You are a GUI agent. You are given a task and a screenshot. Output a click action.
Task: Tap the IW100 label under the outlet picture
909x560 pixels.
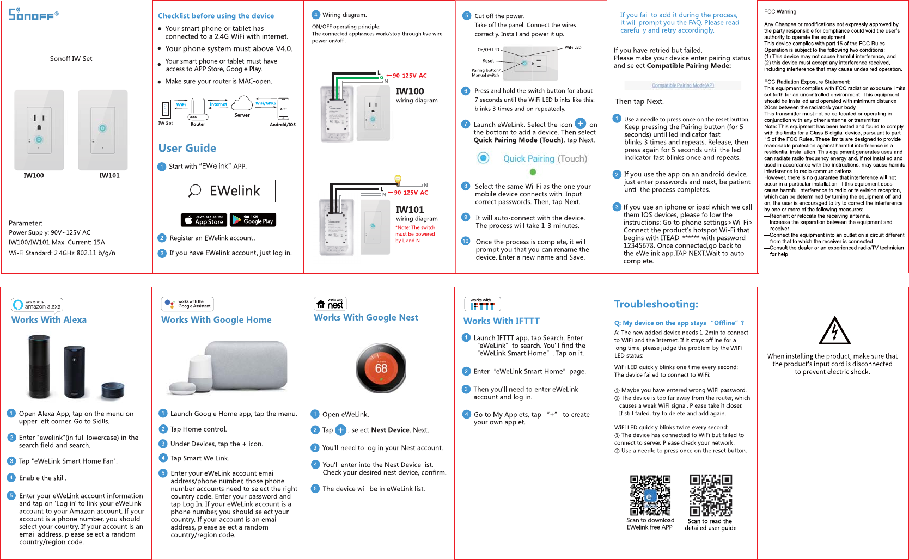[x=34, y=175]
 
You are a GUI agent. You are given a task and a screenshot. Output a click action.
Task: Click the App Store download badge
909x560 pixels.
[x=203, y=220]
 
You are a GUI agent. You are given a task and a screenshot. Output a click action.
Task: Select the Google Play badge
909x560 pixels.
[x=253, y=220]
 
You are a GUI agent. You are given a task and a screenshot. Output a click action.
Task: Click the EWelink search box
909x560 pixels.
[x=227, y=191]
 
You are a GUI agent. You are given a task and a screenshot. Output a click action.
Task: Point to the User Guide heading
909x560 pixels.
[x=187, y=148]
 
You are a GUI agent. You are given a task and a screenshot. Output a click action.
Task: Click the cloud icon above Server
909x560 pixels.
[x=242, y=103]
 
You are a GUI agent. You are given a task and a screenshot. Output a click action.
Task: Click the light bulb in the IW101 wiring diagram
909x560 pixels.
[x=398, y=180]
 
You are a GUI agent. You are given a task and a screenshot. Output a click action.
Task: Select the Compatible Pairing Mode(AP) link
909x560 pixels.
[x=682, y=85]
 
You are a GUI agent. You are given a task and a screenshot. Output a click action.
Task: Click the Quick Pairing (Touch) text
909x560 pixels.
[x=545, y=158]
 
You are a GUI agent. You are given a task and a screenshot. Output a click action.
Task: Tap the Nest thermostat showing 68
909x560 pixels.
[x=381, y=368]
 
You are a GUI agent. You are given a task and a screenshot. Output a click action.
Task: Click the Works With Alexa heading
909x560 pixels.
[x=49, y=320]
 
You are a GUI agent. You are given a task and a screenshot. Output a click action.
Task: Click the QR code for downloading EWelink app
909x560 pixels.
[x=650, y=495]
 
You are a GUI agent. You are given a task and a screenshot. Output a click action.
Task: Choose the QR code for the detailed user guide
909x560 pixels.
[x=710, y=495]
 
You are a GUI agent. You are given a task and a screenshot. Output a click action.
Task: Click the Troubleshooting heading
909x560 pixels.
[x=656, y=304]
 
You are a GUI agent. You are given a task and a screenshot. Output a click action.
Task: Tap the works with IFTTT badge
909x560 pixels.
[x=482, y=304]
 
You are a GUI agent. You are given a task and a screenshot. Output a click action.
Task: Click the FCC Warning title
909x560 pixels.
[x=779, y=11]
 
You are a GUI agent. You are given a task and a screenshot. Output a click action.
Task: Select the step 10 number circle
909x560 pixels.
[x=466, y=241]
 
